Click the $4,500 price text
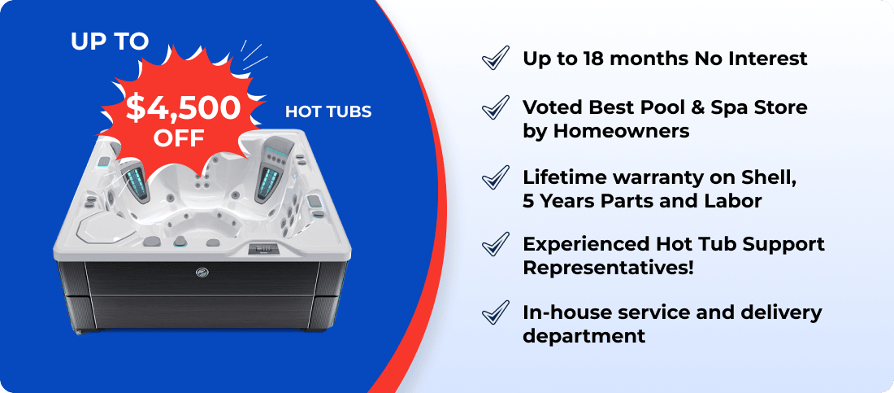[x=183, y=108]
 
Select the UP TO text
[x=110, y=41]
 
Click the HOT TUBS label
[x=328, y=111]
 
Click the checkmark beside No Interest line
[x=496, y=59]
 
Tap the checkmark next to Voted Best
[x=496, y=107]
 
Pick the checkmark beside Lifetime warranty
[x=496, y=177]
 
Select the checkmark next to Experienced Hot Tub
[x=496, y=244]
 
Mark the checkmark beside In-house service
[x=496, y=312]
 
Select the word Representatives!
[x=609, y=268]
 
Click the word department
[x=584, y=336]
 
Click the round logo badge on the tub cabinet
[x=202, y=272]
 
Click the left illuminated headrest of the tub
[x=132, y=180]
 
